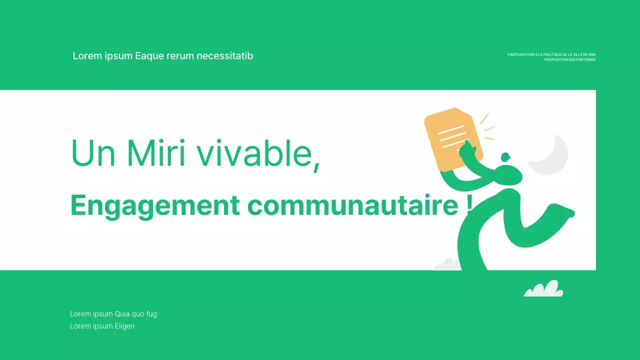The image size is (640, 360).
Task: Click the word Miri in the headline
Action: click(156, 152)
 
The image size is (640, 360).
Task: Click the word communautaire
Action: click(352, 205)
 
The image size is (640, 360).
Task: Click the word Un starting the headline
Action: click(94, 152)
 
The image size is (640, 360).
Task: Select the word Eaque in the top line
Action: click(148, 56)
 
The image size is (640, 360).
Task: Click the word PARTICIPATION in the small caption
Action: click(520, 54)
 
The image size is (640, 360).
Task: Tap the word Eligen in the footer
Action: click(124, 326)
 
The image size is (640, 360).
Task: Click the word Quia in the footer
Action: click(122, 314)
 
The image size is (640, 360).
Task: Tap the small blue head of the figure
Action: click(505, 156)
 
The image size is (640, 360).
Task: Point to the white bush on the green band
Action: click(543, 289)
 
